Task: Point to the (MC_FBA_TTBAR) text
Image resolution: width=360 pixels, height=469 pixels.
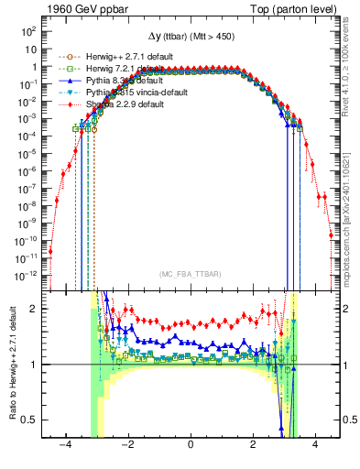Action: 191,275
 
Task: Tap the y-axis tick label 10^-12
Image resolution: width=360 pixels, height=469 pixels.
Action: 26,274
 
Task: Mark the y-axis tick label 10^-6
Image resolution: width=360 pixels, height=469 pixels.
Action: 27,170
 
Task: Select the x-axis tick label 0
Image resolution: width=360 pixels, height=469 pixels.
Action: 191,445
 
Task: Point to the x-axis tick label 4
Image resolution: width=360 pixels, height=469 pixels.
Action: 315,445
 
